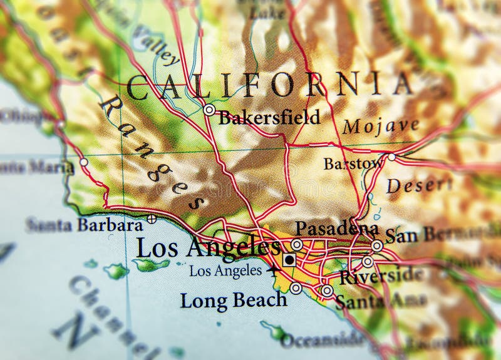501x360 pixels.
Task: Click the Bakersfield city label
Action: click(x=269, y=117)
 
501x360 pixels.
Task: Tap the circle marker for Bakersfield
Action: click(x=209, y=110)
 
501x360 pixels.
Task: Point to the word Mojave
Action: click(x=380, y=126)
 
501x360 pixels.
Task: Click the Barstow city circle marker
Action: click(x=391, y=157)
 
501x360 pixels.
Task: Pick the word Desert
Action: click(x=419, y=185)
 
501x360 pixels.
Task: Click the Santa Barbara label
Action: click(x=84, y=225)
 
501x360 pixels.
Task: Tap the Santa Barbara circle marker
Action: click(x=152, y=219)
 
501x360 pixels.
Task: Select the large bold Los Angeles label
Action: click(x=207, y=248)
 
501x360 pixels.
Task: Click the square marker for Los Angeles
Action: click(x=289, y=259)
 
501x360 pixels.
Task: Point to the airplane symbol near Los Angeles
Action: click(x=273, y=271)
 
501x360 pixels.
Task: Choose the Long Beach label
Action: click(x=233, y=300)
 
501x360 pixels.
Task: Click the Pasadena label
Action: click(x=336, y=228)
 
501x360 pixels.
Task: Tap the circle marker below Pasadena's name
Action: click(x=297, y=244)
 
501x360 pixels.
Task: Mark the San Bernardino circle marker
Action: click(x=376, y=246)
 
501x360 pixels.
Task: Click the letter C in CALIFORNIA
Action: click(x=140, y=88)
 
